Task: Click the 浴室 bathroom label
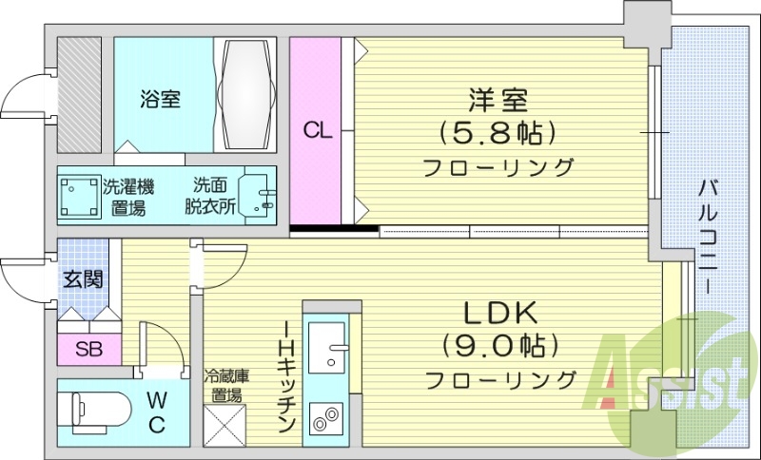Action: point(159,98)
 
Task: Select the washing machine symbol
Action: point(80,197)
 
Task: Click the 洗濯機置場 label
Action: point(127,196)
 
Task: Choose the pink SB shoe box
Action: point(88,348)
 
